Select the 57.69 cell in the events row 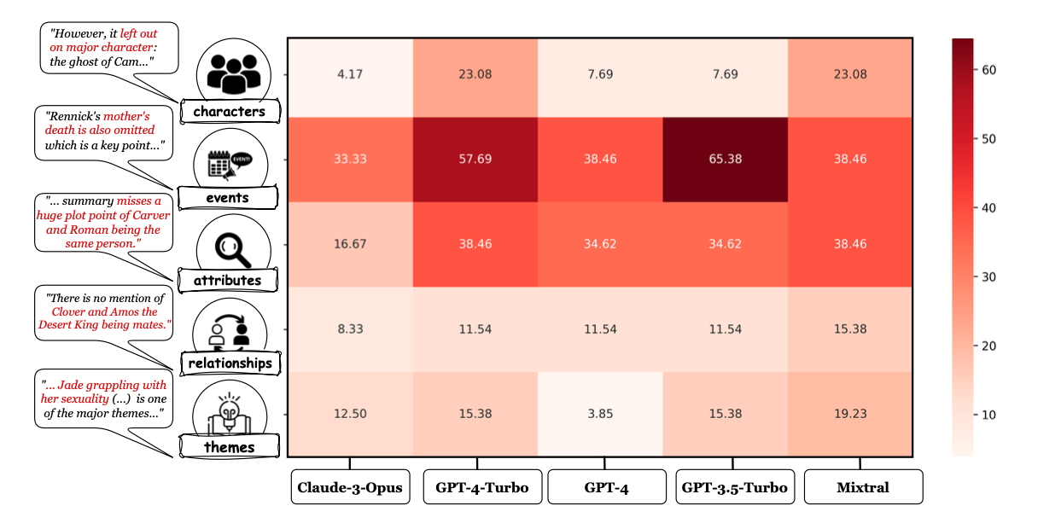[x=475, y=159]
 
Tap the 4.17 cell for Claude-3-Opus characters [x=350, y=74]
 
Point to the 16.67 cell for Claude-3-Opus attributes [x=350, y=244]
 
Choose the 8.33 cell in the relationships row [x=350, y=328]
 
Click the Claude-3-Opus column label [x=350, y=487]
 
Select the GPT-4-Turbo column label [x=481, y=487]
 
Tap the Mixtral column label [x=862, y=487]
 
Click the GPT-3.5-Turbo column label [x=734, y=487]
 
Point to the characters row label [x=229, y=111]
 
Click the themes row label [x=229, y=446]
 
